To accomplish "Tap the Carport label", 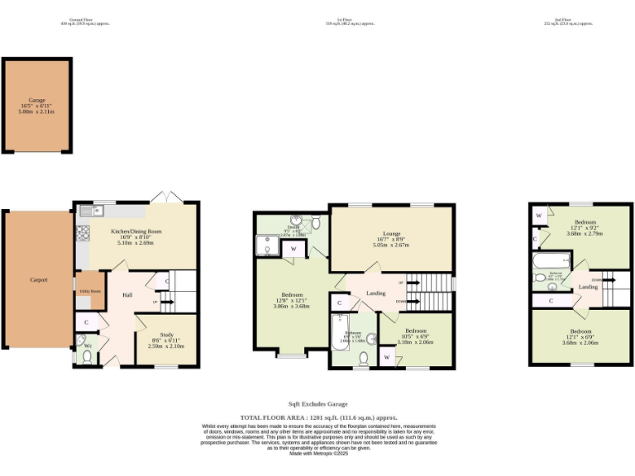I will pos(38,280).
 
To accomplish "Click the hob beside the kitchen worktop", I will pos(83,232).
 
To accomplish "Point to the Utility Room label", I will pos(89,292).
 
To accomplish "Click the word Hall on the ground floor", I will pos(127,294).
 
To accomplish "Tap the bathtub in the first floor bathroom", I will pos(342,339).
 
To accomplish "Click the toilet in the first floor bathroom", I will pos(364,358).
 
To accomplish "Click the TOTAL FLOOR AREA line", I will pos(317,419).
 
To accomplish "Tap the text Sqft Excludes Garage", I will pos(317,405).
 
